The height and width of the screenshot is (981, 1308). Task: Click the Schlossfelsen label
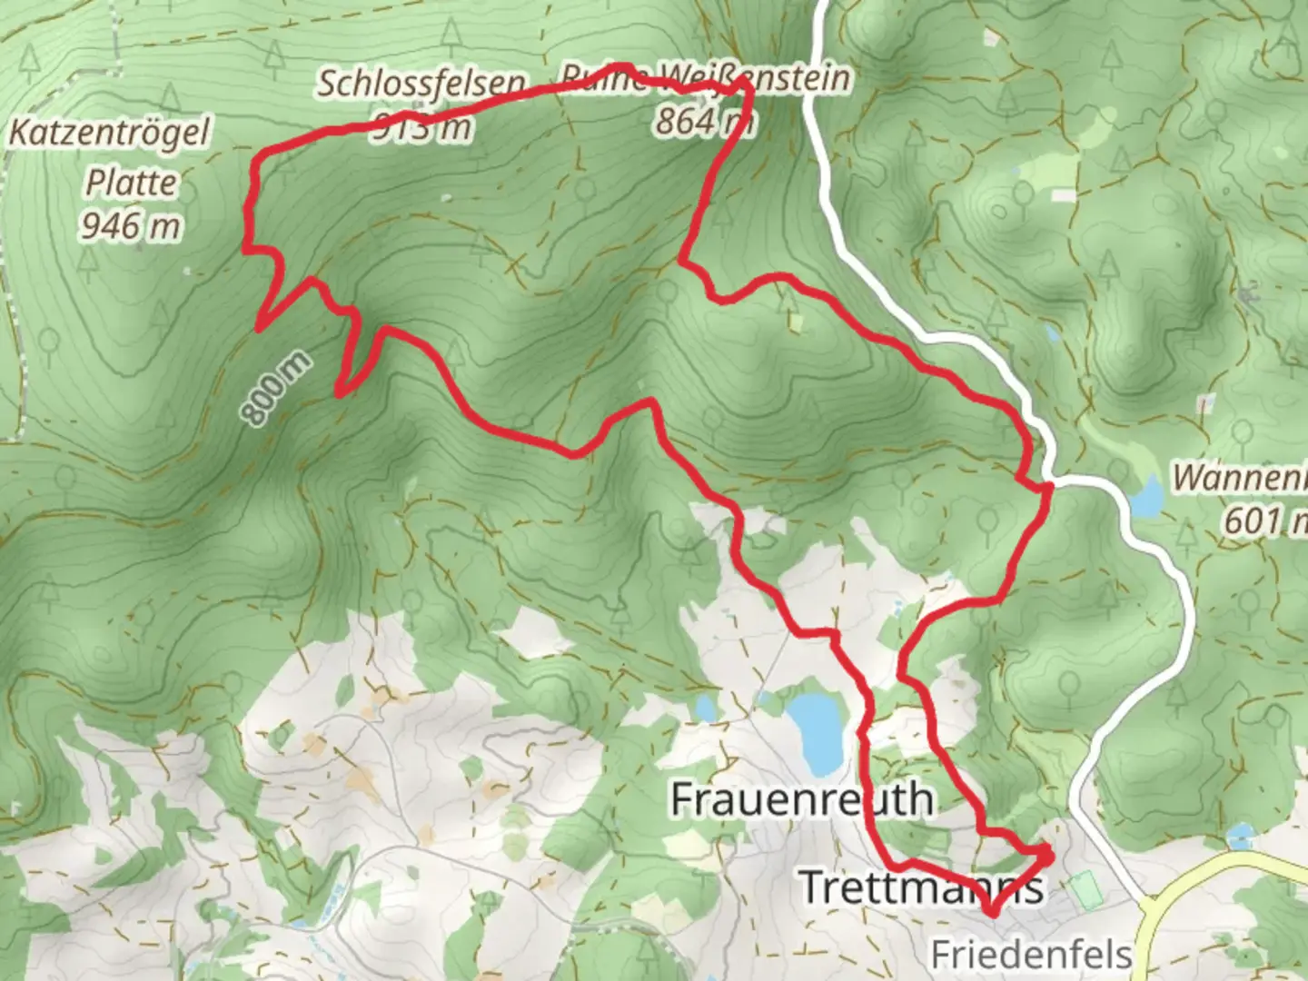pyautogui.click(x=420, y=84)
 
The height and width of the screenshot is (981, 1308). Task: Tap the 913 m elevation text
pyautogui.click(x=421, y=128)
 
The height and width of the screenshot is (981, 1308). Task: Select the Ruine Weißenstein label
pyautogui.click(x=705, y=78)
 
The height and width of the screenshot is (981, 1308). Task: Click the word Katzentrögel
pyautogui.click(x=109, y=133)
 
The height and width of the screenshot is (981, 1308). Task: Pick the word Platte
pyautogui.click(x=131, y=183)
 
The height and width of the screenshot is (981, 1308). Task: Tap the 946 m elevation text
pyautogui.click(x=131, y=225)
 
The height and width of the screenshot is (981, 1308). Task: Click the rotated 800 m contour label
pyautogui.click(x=276, y=389)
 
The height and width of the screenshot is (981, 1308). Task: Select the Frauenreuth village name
pyautogui.click(x=801, y=799)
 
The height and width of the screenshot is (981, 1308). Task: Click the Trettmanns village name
pyautogui.click(x=919, y=886)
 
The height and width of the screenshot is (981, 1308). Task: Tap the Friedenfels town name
pyautogui.click(x=1031, y=954)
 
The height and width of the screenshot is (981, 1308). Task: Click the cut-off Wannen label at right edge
pyautogui.click(x=1239, y=478)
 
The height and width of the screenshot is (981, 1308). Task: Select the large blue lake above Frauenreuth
pyautogui.click(x=816, y=727)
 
